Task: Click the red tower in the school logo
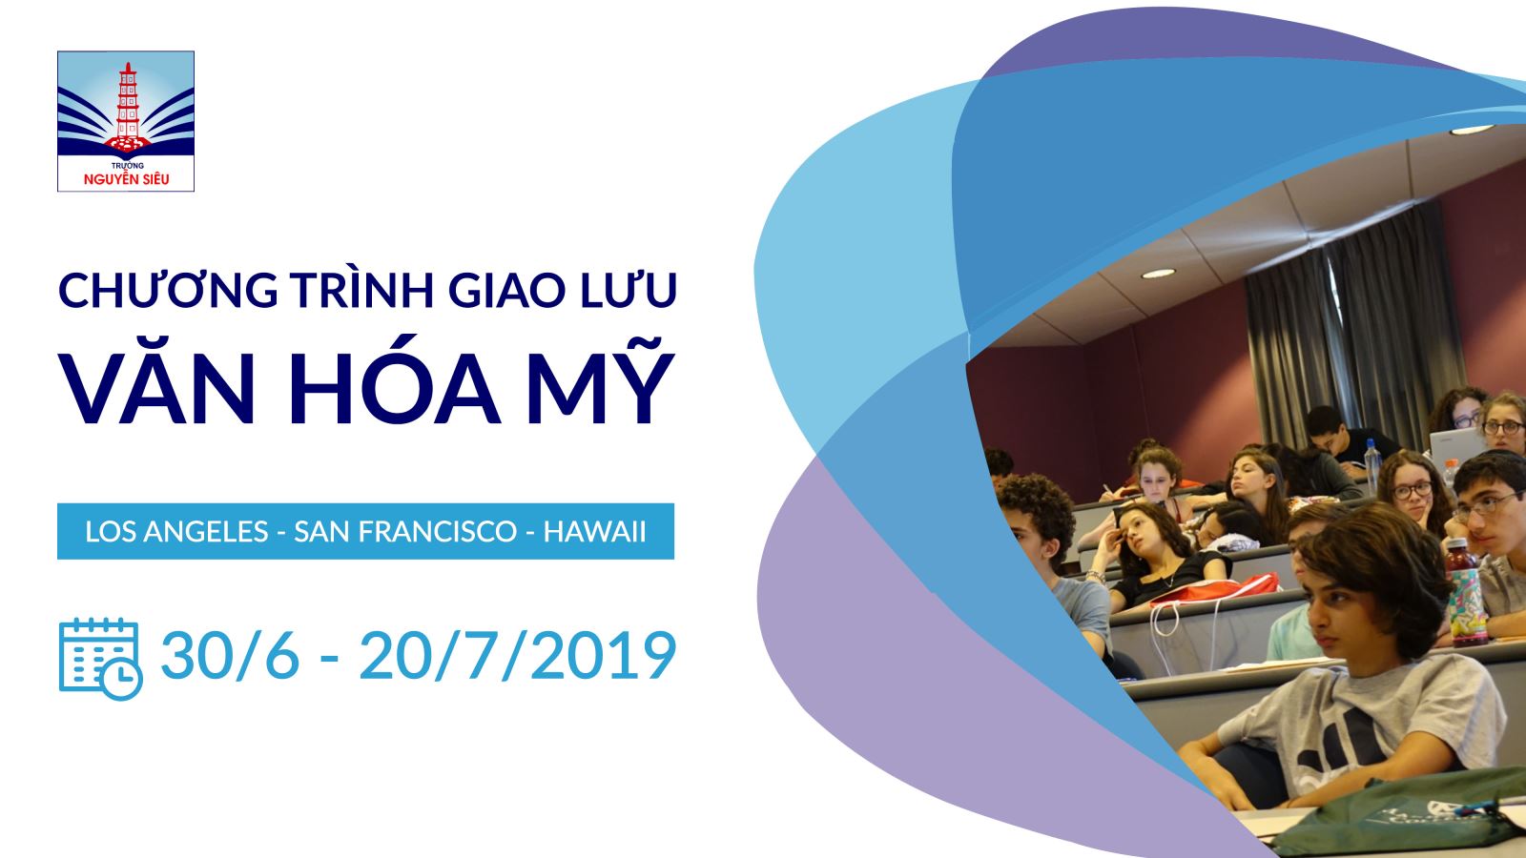[128, 106]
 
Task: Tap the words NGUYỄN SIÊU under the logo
[126, 179]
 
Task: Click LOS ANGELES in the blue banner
[176, 532]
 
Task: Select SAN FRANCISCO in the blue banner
[405, 532]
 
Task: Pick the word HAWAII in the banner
[594, 532]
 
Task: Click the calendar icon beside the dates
[101, 659]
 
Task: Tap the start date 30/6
[230, 656]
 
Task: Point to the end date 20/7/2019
[517, 656]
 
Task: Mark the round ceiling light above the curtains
[1158, 274]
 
